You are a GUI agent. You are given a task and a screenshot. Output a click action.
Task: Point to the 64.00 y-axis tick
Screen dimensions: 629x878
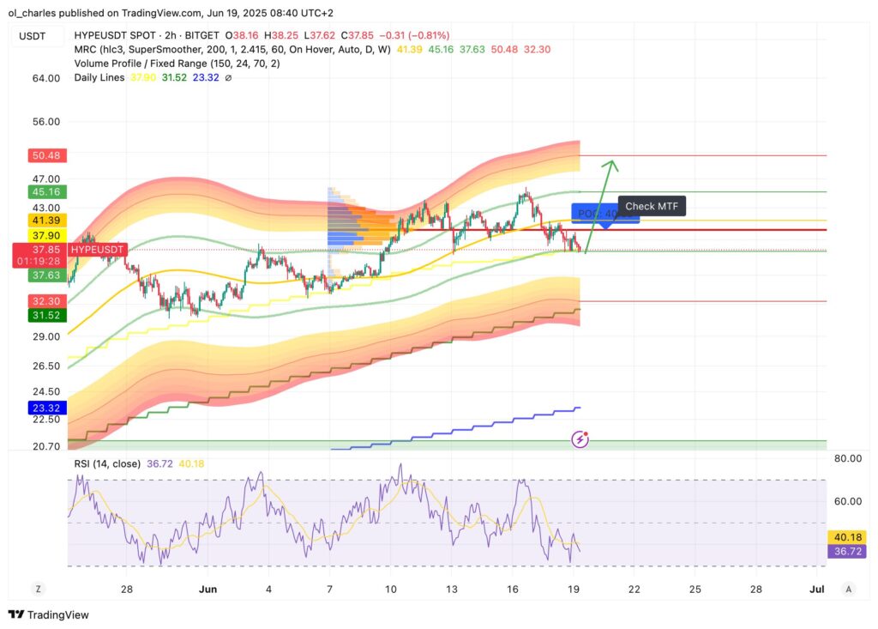45,78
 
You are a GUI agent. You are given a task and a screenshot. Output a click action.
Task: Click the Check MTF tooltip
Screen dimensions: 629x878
652,206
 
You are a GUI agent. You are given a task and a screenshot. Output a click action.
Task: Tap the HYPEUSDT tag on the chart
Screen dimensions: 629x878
98,250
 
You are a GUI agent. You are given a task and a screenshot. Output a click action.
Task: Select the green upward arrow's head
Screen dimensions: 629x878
610,163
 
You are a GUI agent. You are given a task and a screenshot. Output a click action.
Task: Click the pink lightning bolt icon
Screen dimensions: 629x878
580,438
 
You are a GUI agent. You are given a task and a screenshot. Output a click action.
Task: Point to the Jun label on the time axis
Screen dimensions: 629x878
207,590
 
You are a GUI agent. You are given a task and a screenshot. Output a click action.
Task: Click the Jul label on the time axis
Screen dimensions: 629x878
816,590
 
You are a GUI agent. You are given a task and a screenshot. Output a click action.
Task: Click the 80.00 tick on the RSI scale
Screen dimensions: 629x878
847,458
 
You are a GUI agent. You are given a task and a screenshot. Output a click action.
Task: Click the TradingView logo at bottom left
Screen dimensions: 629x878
49,614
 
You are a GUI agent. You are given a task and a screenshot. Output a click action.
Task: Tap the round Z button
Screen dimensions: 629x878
38,589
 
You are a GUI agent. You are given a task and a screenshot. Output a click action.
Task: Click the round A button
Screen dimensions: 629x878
848,589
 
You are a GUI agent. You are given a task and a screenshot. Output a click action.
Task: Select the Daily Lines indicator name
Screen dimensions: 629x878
99,77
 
